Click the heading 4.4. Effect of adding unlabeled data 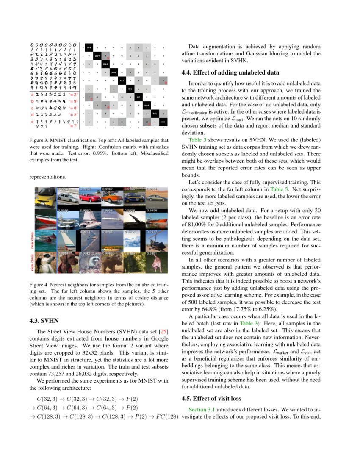pyautogui.click(x=230, y=72)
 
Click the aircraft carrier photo pyautogui.click(x=68, y=219)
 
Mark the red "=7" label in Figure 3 pyautogui.click(x=73, y=126)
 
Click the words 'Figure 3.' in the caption pyautogui.click(x=39, y=140)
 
